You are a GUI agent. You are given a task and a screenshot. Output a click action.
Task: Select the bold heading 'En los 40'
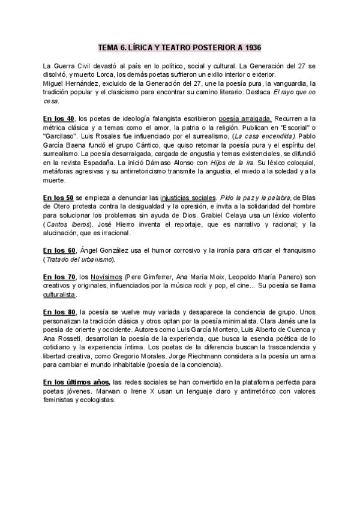59,118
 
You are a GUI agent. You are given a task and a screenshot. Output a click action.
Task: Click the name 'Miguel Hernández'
71,83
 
